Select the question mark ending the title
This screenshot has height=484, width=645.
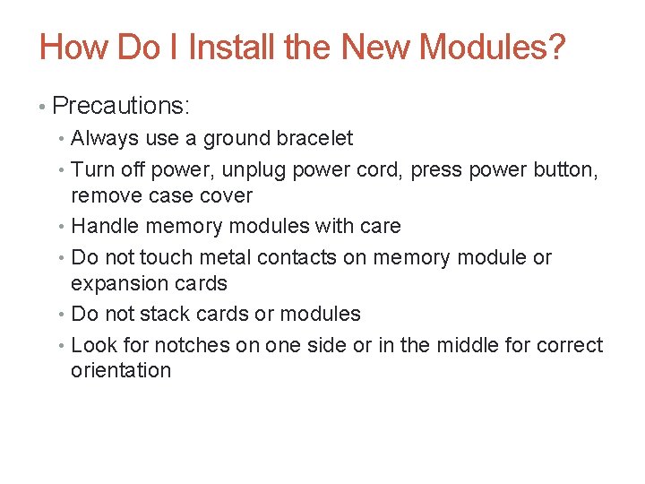pyautogui.click(x=556, y=47)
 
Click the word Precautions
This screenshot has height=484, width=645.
pyautogui.click(x=121, y=106)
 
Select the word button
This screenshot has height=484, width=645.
pyautogui.click(x=568, y=169)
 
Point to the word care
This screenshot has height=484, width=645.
pyautogui.click(x=379, y=226)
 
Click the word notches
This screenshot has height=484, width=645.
pyautogui.click(x=193, y=345)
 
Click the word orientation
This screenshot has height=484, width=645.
pyautogui.click(x=121, y=370)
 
